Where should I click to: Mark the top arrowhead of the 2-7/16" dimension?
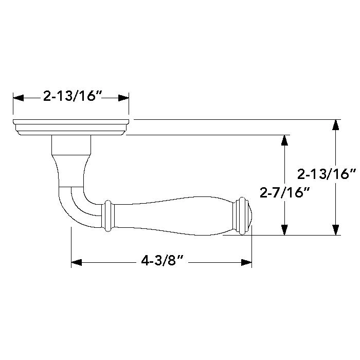click(283, 140)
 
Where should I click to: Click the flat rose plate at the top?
click(71, 127)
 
